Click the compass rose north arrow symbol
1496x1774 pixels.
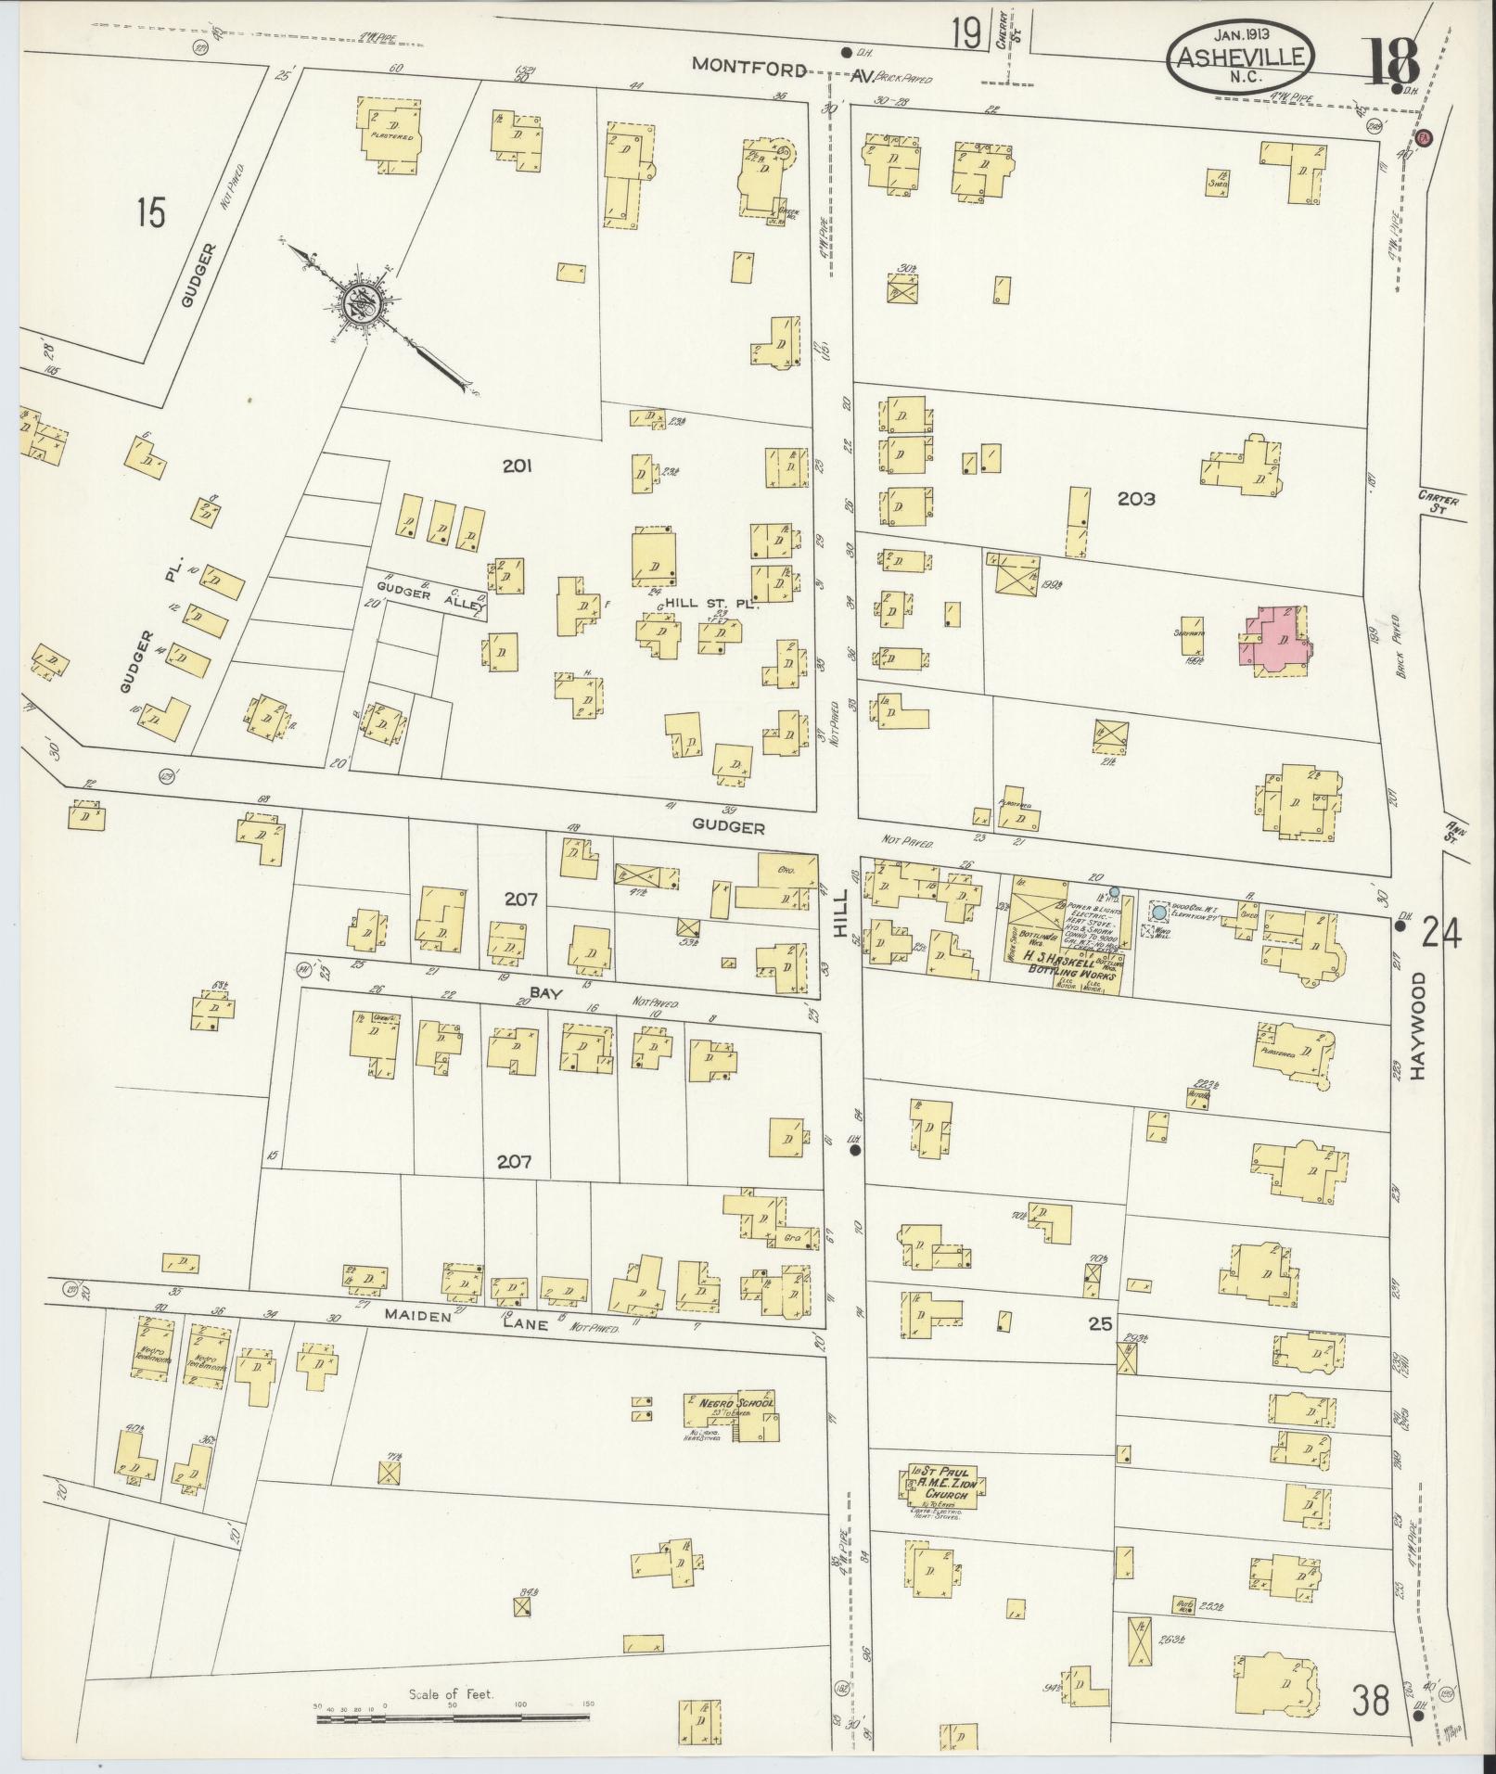pos(356,305)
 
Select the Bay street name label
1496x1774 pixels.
pos(541,992)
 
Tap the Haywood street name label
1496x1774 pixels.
pos(1416,1025)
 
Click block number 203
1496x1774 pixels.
pos(1135,499)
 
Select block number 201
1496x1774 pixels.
pos(517,466)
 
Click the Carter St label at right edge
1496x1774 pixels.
pos(1438,504)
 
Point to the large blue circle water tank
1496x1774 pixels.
pos(1158,913)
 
